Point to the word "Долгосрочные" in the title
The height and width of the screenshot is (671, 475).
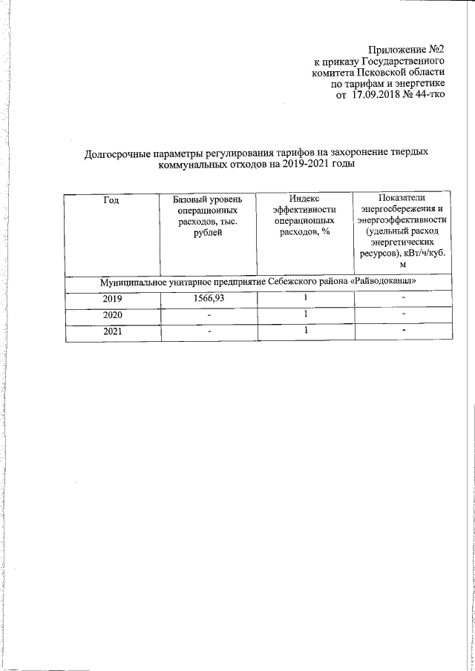click(x=117, y=152)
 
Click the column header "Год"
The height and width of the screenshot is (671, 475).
click(x=111, y=199)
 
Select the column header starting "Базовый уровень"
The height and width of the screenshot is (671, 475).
click(x=207, y=216)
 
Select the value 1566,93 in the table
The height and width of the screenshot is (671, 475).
click(x=208, y=299)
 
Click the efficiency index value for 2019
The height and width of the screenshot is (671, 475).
click(x=305, y=298)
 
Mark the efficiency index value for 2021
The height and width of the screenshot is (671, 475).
click(x=305, y=331)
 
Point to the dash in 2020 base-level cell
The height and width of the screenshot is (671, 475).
click(x=209, y=316)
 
